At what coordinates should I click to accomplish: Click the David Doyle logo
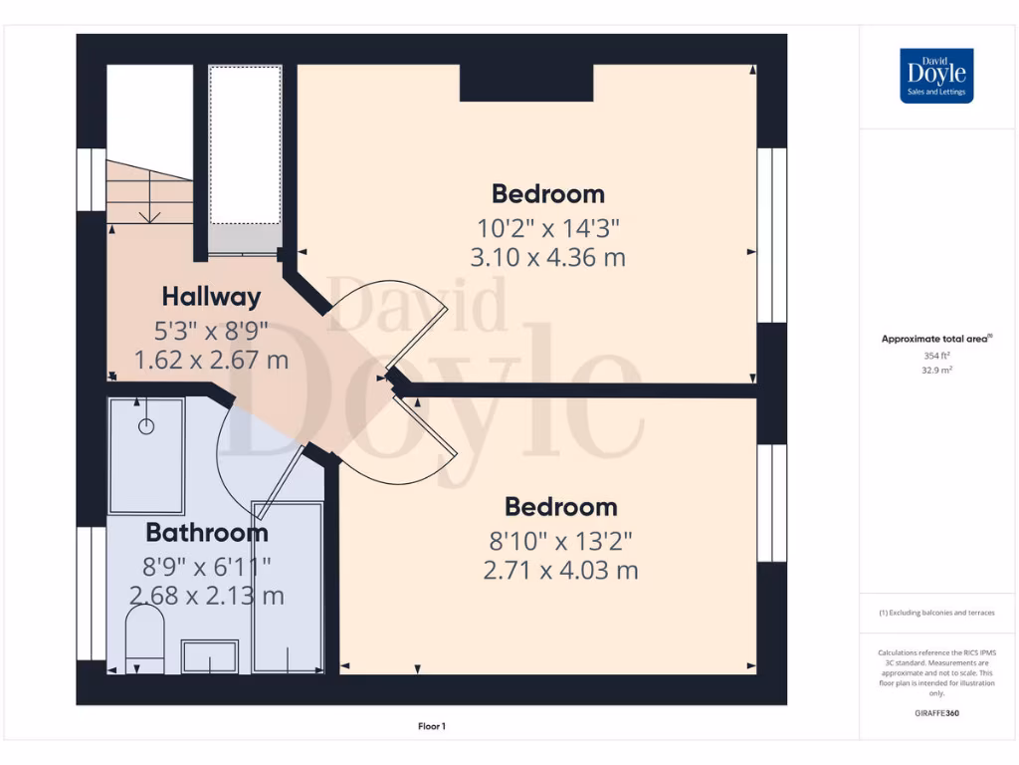coord(935,76)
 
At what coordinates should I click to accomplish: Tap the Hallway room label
coord(211,297)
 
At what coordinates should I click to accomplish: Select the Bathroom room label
coord(207,532)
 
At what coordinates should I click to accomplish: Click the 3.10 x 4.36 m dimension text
coord(548,258)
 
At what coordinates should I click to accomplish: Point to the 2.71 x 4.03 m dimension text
coord(560,571)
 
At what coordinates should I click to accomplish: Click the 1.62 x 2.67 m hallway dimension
coord(211,359)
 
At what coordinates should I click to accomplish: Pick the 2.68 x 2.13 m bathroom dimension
coord(207,596)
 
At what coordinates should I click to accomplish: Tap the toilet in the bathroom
coord(145,637)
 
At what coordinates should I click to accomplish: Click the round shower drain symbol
coord(147,426)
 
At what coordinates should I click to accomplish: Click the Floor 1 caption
coord(432,726)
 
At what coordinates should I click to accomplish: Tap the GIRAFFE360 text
coord(936,713)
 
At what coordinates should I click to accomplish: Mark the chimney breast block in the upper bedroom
coord(526,83)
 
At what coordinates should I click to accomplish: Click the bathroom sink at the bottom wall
coord(209,656)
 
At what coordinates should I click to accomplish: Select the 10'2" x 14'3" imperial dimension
coord(548,226)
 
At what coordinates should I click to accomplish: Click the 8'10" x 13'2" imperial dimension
coord(560,540)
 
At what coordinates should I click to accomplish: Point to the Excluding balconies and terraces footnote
coord(935,613)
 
